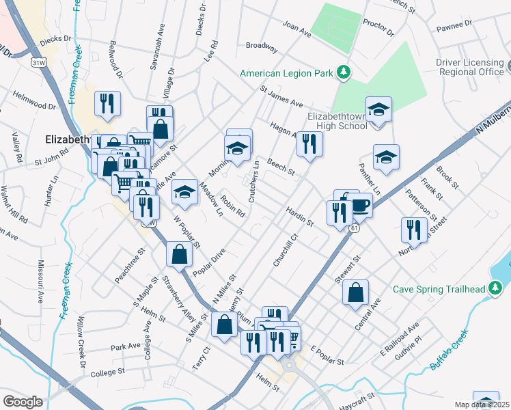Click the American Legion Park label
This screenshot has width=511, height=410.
289,73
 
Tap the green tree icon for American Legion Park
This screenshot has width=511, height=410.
346,72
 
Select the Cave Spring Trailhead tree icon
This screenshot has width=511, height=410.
497,288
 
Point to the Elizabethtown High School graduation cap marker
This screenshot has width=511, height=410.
378,109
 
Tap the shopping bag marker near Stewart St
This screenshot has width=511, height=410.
355,293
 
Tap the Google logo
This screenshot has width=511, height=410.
23,401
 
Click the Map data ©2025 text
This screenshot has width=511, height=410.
482,404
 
